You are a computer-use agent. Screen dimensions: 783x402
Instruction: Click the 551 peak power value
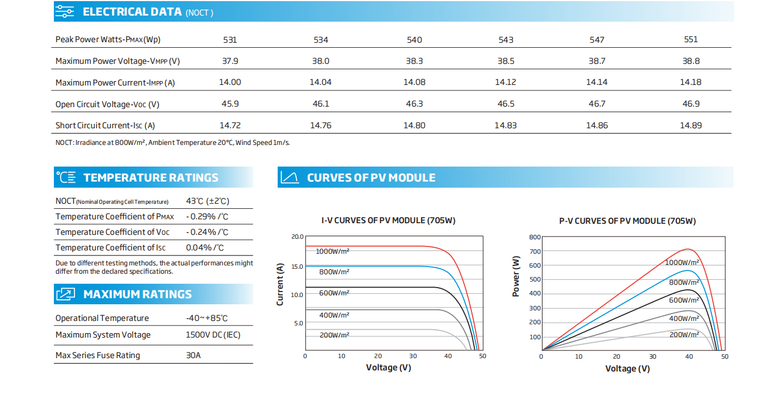691,39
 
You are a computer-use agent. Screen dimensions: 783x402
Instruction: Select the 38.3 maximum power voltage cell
414,61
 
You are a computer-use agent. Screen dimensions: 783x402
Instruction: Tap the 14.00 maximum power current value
230,82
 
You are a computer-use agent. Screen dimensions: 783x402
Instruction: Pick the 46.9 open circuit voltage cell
691,104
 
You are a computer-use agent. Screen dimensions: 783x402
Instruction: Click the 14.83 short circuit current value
505,125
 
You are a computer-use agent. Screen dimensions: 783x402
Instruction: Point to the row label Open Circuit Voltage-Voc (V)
107,104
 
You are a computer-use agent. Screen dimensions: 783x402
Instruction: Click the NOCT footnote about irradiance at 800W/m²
173,143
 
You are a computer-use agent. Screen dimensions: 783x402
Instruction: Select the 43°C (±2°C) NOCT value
208,201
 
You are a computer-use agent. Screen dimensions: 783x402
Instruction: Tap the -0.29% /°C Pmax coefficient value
207,217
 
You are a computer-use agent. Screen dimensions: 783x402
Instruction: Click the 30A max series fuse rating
193,355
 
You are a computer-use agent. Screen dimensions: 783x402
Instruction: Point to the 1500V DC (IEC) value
213,335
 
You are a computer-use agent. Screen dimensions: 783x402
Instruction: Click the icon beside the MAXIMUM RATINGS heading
66,294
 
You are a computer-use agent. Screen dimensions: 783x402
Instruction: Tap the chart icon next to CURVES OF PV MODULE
290,177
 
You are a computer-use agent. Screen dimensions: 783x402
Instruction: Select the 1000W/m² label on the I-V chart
333,252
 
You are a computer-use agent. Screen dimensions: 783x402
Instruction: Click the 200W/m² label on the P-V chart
684,334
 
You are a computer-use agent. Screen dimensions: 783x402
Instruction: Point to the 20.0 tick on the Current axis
298,237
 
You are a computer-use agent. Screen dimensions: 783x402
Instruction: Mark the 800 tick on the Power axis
535,237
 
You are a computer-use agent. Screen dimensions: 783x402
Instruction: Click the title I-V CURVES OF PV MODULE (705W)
388,220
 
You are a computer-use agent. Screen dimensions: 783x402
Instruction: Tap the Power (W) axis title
516,276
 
